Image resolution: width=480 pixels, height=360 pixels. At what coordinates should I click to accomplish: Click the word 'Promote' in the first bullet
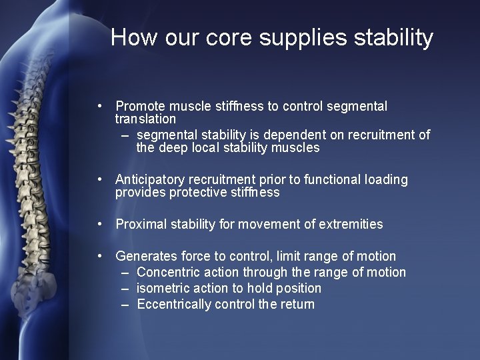pyautogui.click(x=139, y=107)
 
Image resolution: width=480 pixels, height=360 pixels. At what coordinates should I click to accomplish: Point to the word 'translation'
pyautogui.click(x=145, y=119)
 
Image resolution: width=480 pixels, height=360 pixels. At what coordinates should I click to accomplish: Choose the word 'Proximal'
pyautogui.click(x=141, y=225)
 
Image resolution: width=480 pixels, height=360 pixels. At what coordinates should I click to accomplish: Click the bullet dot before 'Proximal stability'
pyautogui.click(x=99, y=225)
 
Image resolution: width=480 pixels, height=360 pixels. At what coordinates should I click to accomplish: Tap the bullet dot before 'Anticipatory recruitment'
pyautogui.click(x=99, y=180)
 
